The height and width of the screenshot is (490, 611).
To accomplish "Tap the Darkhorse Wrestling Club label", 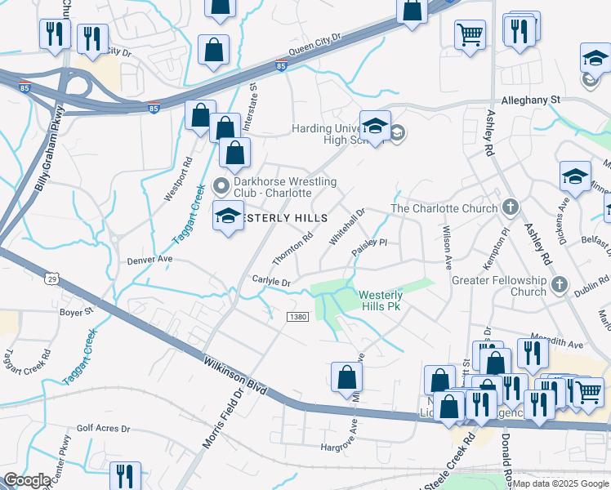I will coord(273,187).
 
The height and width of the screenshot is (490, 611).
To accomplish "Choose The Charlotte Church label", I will coord(444,208).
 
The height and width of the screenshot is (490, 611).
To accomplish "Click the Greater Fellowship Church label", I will coord(499,286).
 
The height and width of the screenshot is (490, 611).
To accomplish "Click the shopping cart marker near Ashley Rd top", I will coord(470,35).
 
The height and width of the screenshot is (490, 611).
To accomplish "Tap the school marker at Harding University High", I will coord(375,127).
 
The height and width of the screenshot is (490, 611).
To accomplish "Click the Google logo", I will coord(27,479).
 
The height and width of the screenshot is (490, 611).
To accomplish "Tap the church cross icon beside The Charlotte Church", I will coord(511,207).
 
